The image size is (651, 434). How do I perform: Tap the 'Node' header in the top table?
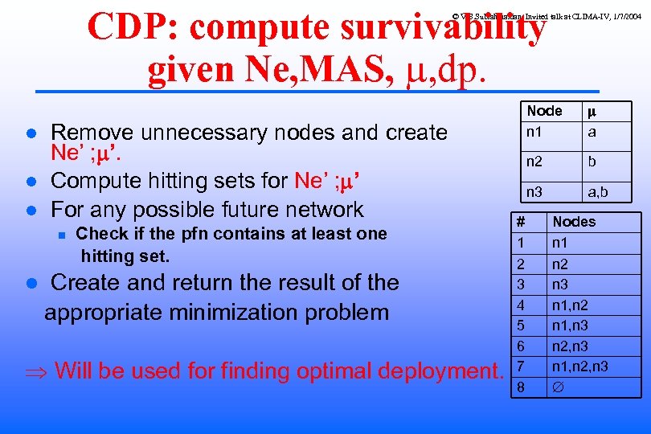tap(544, 111)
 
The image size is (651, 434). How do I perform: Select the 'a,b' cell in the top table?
tap(597, 192)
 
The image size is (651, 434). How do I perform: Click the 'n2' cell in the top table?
tap(534, 162)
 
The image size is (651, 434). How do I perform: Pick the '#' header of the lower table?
tap(521, 222)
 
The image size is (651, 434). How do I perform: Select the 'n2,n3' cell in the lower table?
tap(570, 346)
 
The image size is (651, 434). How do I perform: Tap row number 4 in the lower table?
tap(521, 305)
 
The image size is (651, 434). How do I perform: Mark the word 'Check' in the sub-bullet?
tap(101, 234)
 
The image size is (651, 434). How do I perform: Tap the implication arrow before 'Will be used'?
tap(35, 371)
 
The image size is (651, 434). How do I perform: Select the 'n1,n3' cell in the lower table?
tap(570, 325)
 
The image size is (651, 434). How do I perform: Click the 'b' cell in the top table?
tap(592, 162)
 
